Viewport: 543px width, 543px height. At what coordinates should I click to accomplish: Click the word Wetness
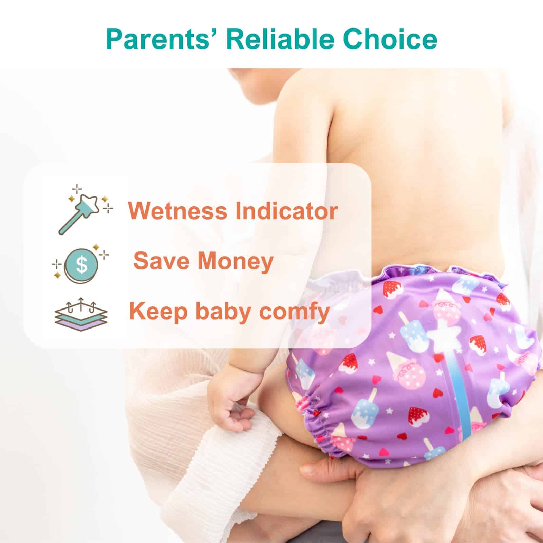click(x=177, y=211)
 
